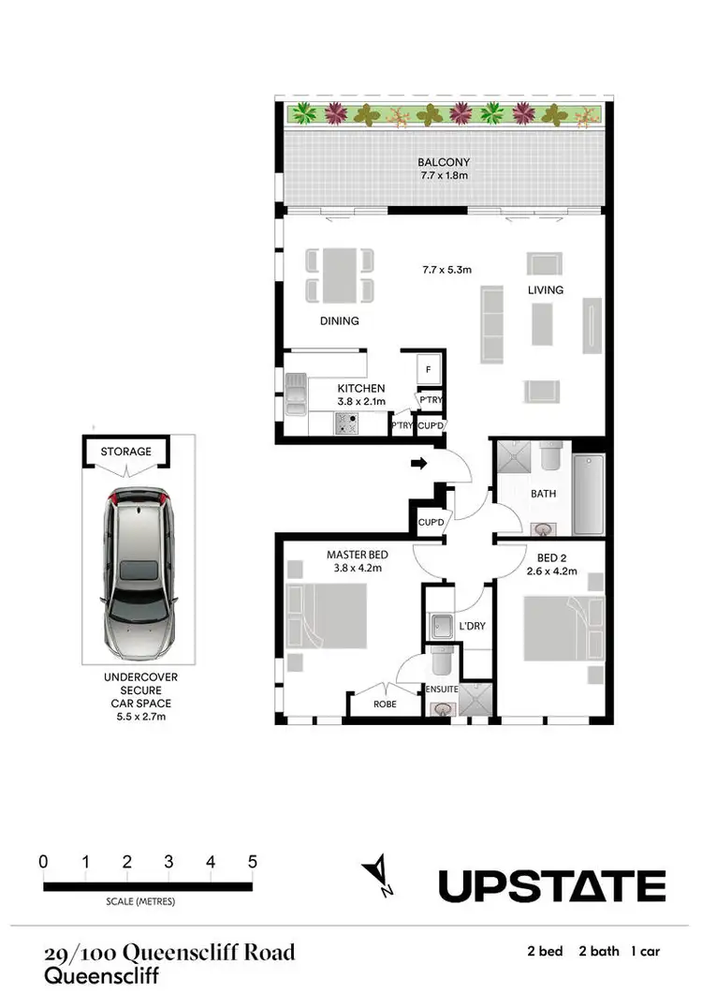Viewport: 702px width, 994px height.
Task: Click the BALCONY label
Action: (x=445, y=161)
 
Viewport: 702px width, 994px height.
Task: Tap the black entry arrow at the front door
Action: (x=419, y=462)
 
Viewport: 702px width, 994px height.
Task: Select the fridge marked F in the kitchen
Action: (x=428, y=369)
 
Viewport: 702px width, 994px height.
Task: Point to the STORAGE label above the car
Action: (x=126, y=452)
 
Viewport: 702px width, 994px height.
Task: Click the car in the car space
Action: (x=139, y=573)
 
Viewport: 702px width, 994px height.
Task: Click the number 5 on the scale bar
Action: (x=252, y=862)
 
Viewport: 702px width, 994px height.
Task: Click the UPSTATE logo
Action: (x=552, y=885)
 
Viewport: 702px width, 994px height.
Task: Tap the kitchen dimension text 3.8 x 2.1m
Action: (x=360, y=402)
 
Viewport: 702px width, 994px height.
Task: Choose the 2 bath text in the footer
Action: (x=599, y=951)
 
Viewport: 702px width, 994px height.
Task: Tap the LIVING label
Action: (x=545, y=290)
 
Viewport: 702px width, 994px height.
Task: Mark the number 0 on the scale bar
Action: (x=43, y=862)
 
